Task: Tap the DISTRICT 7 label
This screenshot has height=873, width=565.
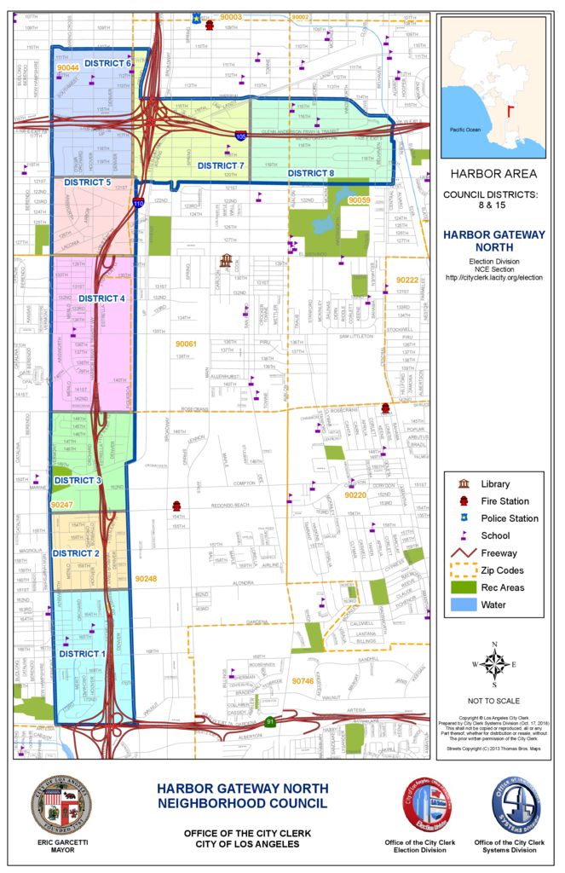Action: pos(221,165)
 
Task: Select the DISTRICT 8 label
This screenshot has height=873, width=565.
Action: pos(310,173)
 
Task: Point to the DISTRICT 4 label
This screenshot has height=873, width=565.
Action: pos(101,298)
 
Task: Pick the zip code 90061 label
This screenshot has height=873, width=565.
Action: pos(186,344)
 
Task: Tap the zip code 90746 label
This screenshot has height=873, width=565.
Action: pos(303,681)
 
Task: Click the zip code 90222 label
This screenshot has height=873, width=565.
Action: pos(406,280)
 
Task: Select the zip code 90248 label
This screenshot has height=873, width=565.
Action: pos(146,579)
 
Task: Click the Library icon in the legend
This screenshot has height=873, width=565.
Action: pos(464,484)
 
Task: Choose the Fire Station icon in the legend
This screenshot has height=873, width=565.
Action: pos(464,501)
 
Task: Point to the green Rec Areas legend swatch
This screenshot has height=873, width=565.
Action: pos(464,587)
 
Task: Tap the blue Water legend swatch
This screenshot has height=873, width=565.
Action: pos(464,604)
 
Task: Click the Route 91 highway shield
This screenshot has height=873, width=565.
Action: pos(269,722)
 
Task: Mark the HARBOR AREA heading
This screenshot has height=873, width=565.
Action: pos(493,174)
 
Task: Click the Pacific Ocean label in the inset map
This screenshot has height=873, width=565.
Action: pos(466,130)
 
